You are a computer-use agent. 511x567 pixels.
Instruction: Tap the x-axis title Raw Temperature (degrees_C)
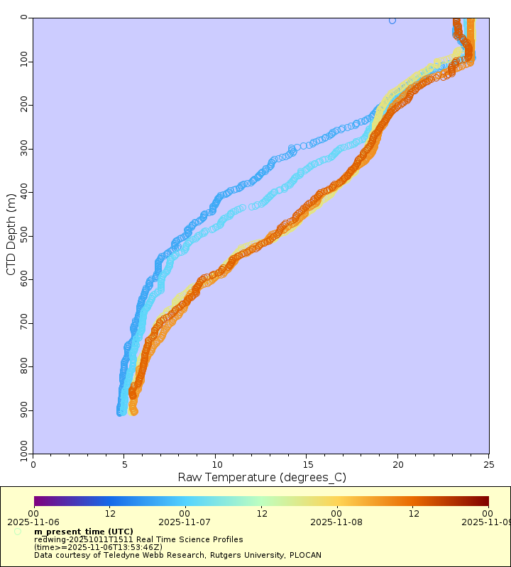(x=261, y=477)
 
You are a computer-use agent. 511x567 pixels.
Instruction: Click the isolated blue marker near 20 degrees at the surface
(x=392, y=21)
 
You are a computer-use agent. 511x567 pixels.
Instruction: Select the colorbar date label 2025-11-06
(x=33, y=522)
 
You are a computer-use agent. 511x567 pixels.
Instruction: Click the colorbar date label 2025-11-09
(x=487, y=522)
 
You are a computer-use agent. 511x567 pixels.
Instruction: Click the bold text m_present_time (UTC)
(x=83, y=532)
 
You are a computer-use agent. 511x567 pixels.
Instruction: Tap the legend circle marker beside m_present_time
(x=17, y=532)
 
